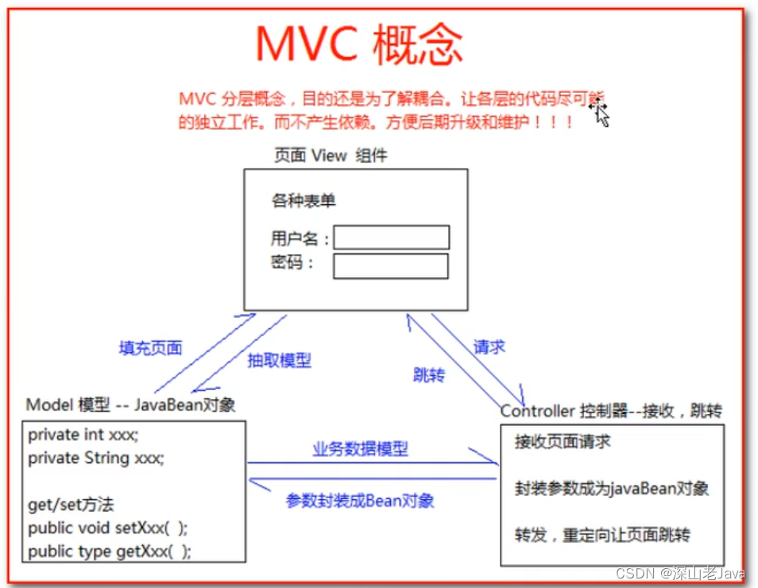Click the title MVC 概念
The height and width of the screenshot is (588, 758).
point(359,44)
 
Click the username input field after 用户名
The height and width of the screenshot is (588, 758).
point(391,238)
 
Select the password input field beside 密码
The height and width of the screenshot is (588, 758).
point(390,266)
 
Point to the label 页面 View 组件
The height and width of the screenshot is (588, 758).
point(330,156)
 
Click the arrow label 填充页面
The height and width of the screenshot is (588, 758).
point(150,347)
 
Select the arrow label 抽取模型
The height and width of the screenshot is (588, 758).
point(279,360)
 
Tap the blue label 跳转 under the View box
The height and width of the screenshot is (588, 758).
point(428,375)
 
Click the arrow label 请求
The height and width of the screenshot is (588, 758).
point(489,346)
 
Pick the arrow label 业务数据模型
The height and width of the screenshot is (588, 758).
point(360,449)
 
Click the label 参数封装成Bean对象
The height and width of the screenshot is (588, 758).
point(360,501)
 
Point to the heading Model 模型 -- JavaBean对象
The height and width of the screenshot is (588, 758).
point(131,404)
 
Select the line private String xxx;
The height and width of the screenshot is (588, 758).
point(95,458)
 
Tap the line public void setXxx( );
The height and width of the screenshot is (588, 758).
point(108,528)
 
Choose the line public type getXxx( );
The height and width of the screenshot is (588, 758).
point(110,551)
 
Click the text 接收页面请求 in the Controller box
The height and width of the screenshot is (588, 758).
point(562,442)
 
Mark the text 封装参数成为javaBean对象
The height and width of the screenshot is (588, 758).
point(611,488)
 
